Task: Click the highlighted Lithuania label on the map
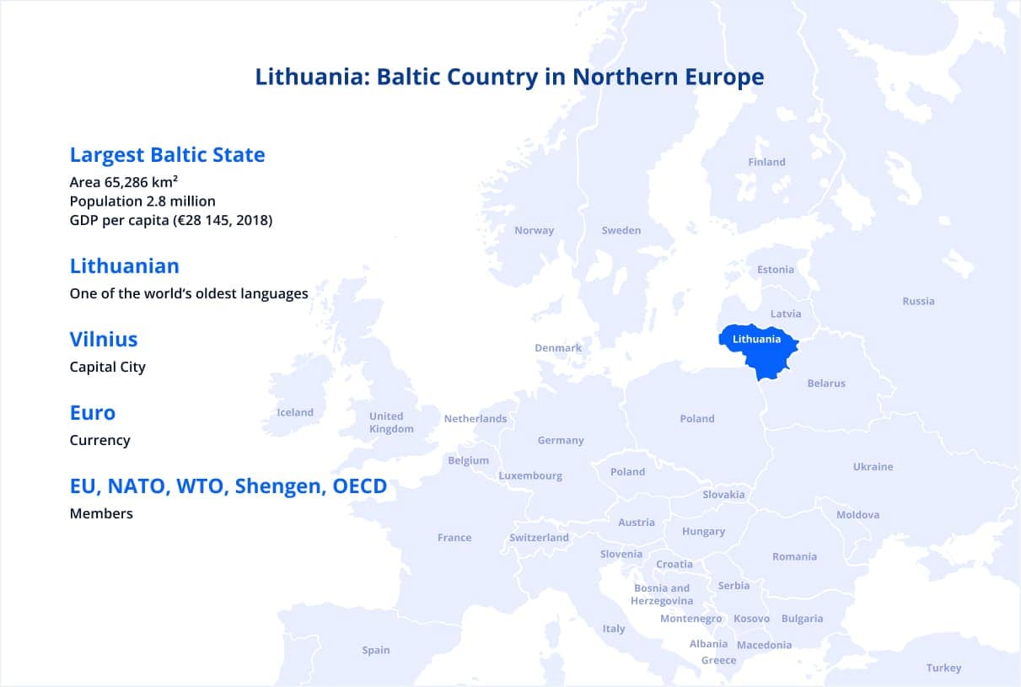pos(756,339)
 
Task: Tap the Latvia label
pos(786,314)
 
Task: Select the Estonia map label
pos(776,270)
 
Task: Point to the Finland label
pos(766,162)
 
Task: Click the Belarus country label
pos(826,384)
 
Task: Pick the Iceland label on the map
pos(295,412)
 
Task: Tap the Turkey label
pos(943,668)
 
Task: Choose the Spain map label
pos(376,650)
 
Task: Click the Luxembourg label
pos(530,475)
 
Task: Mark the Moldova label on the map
pos(857,515)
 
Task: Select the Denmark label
pos(558,348)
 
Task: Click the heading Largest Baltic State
pos(167,155)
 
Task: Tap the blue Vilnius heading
pos(104,340)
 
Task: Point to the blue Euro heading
pos(93,413)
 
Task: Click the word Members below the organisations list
pos(101,513)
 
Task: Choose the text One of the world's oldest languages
pos(189,294)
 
